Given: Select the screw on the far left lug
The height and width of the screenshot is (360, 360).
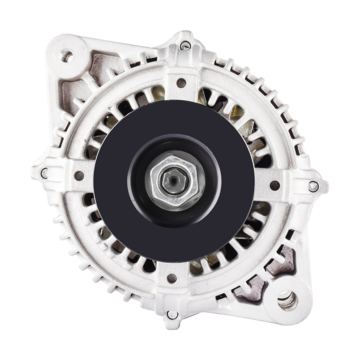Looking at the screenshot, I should click(x=44, y=173).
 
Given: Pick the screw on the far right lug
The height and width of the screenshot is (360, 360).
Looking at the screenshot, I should click(x=313, y=186).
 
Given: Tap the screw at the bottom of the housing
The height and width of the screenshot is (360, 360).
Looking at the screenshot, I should click(x=172, y=315).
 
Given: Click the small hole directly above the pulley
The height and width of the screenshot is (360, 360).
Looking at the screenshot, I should click(x=181, y=82).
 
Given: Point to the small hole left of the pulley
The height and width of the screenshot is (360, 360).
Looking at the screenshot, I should click(x=79, y=176).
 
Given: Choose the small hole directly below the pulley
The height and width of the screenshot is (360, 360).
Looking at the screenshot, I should click(x=172, y=278).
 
